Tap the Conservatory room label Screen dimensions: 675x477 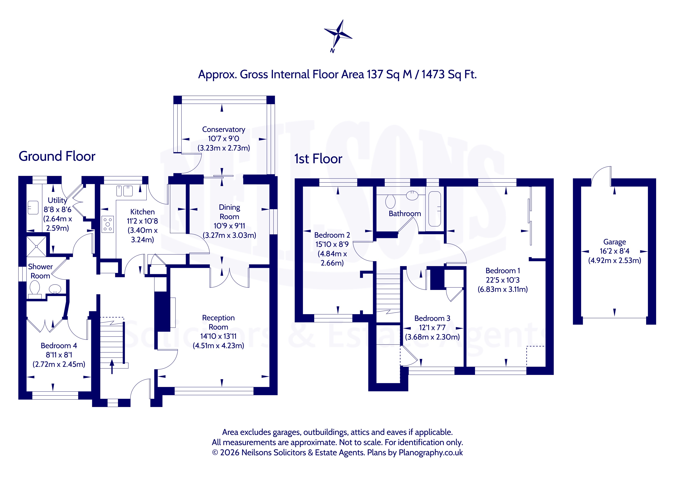[223, 130]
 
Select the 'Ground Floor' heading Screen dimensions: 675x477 [57, 156]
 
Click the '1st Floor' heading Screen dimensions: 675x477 [318, 159]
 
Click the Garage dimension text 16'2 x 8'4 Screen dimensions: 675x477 [614, 251]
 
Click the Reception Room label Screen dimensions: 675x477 [218, 322]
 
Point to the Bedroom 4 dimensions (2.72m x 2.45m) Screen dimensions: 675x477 [59, 364]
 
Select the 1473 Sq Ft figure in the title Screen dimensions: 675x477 [449, 75]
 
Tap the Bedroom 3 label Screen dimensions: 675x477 [432, 318]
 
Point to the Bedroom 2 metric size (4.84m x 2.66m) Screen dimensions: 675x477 [332, 258]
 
